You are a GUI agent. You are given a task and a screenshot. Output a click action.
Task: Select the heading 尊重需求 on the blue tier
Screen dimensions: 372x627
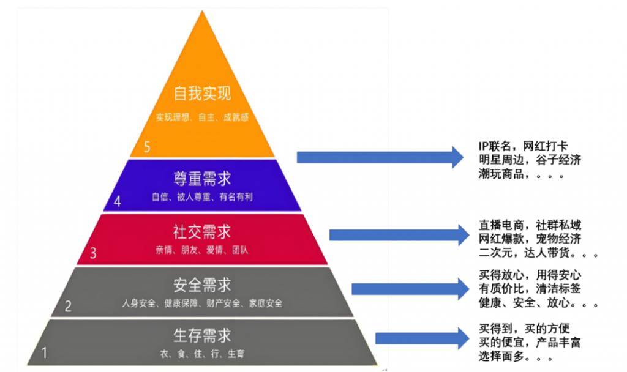[x=202, y=179]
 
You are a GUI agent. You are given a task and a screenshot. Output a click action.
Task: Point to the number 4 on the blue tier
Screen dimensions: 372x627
[x=118, y=202]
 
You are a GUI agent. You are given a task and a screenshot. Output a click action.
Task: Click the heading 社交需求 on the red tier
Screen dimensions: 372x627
[x=202, y=232]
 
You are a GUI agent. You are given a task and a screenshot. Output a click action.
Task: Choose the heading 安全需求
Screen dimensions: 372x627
[x=202, y=285]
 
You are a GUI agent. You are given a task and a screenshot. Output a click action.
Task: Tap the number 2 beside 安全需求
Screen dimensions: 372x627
[x=69, y=306]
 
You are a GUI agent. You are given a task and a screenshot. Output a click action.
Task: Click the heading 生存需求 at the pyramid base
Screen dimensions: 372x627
[x=202, y=335]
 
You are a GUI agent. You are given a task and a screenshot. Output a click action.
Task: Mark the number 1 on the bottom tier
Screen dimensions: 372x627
[x=44, y=353]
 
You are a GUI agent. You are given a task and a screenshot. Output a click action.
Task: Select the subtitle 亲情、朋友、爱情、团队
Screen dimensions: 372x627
[x=202, y=250]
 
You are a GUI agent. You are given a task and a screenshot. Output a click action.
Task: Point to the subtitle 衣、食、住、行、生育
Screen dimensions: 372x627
[x=202, y=353]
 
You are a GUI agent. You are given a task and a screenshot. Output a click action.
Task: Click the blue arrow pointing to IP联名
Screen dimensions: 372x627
[x=380, y=157]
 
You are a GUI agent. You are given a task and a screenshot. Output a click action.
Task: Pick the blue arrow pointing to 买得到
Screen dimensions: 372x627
[x=419, y=338]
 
